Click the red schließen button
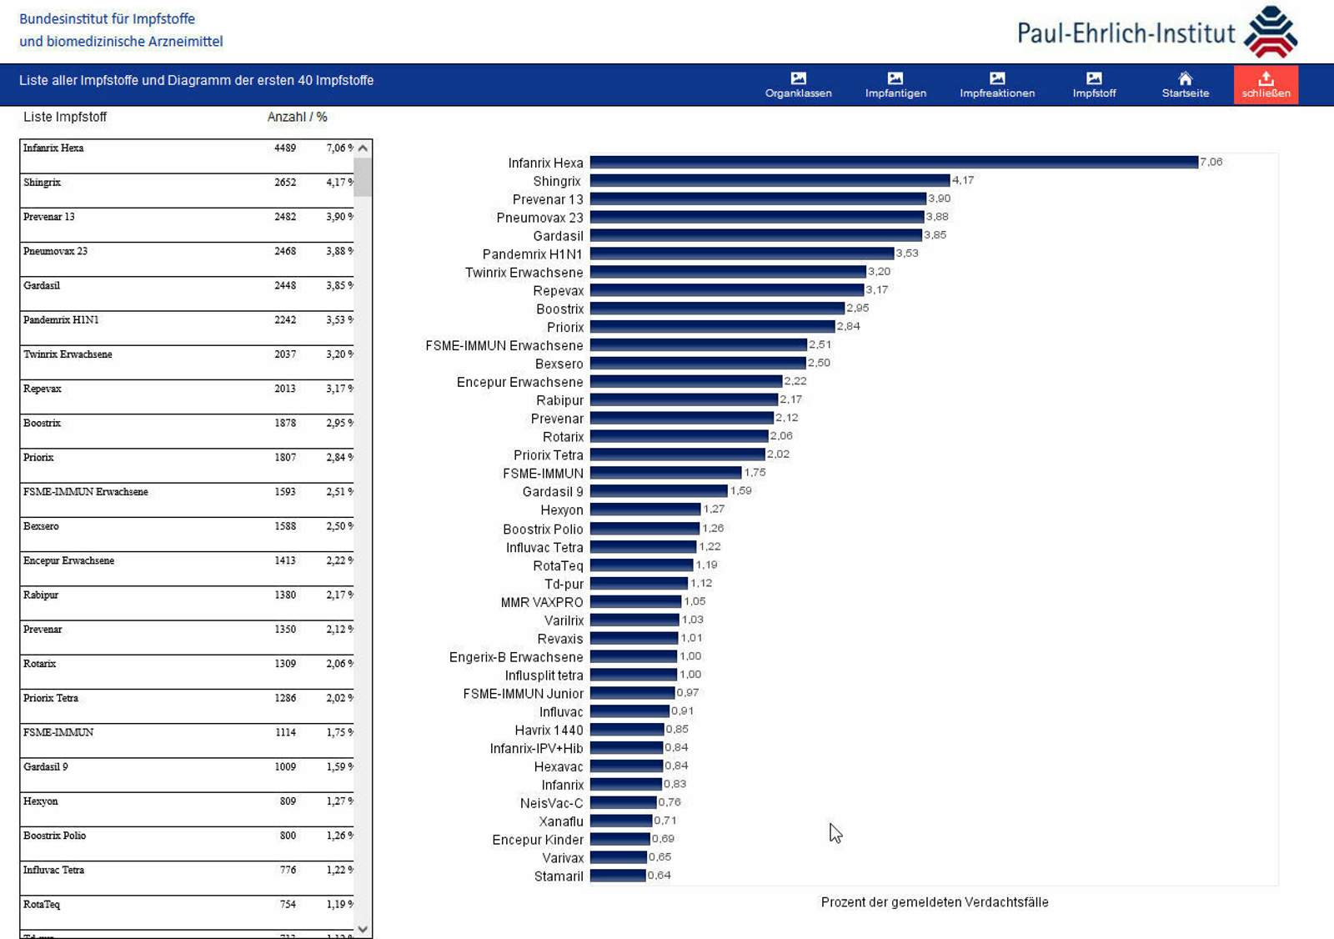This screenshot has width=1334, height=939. [1266, 84]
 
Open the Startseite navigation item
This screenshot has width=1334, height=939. [1185, 84]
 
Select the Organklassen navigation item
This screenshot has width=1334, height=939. [798, 84]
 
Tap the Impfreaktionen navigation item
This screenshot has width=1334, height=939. [996, 84]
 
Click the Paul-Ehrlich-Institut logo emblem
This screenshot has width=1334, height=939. [1270, 32]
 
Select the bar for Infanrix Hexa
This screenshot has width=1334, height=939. [893, 162]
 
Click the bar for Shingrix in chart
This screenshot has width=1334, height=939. [770, 180]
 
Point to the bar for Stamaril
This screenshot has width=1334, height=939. [618, 876]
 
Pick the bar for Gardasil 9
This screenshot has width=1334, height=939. [659, 491]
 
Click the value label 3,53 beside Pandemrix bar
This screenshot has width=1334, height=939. [907, 254]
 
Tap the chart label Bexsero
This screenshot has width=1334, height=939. [559, 364]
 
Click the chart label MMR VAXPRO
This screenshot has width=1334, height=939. [542, 602]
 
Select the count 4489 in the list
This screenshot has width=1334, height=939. [285, 148]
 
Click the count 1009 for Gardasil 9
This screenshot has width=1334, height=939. [285, 767]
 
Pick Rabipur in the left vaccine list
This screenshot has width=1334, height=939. [41, 595]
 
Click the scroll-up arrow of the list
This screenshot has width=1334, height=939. [363, 148]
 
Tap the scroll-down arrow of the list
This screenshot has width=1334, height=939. [363, 929]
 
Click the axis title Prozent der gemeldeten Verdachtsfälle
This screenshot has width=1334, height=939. [934, 902]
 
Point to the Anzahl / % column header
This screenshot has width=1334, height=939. [297, 118]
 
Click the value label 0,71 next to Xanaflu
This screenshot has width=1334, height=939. [665, 821]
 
